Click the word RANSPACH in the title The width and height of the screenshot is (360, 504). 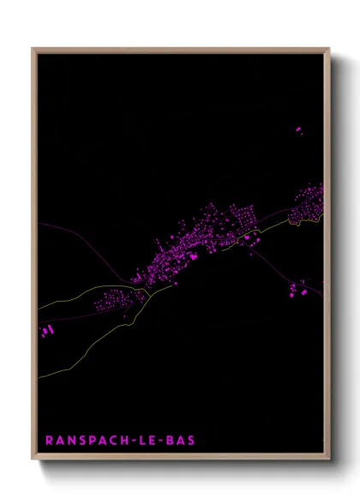click(86, 441)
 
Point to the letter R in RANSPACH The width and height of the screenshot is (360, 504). click(50, 441)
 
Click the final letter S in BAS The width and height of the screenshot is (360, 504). click(191, 441)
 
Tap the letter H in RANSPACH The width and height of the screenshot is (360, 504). click(123, 441)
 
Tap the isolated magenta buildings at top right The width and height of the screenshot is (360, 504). click(299, 130)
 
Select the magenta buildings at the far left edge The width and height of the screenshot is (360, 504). click(46, 330)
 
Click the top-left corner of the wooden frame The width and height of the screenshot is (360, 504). click(33, 49)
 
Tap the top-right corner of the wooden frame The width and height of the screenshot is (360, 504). click(329, 49)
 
